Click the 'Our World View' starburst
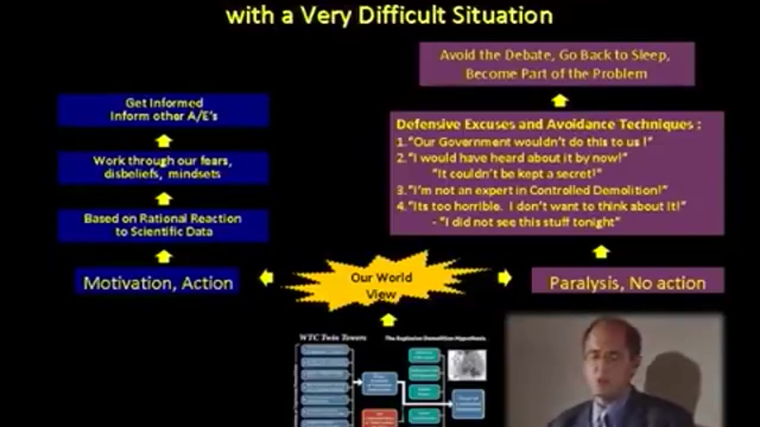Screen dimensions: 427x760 pos(381,283)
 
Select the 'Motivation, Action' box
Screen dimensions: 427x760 pos(158,282)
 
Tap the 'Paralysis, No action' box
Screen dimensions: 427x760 pos(627,282)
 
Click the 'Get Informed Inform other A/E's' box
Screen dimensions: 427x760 pos(163,110)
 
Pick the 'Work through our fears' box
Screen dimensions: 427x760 pos(163,168)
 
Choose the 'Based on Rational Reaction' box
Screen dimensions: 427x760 pos(163,225)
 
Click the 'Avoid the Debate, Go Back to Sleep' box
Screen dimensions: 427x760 pos(556,65)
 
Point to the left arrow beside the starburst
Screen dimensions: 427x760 pos(267,277)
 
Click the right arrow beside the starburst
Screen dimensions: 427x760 pos(505,277)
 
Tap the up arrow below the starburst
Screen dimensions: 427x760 pos(388,320)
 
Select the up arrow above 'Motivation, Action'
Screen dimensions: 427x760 pos(164,256)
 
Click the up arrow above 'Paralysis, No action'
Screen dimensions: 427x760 pos(601,252)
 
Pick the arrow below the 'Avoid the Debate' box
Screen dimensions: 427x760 pos(559,101)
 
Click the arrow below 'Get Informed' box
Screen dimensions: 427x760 pos(164,141)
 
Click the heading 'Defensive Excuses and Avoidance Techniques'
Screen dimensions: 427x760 pos(548,125)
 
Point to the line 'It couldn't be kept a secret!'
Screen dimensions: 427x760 pos(519,174)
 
